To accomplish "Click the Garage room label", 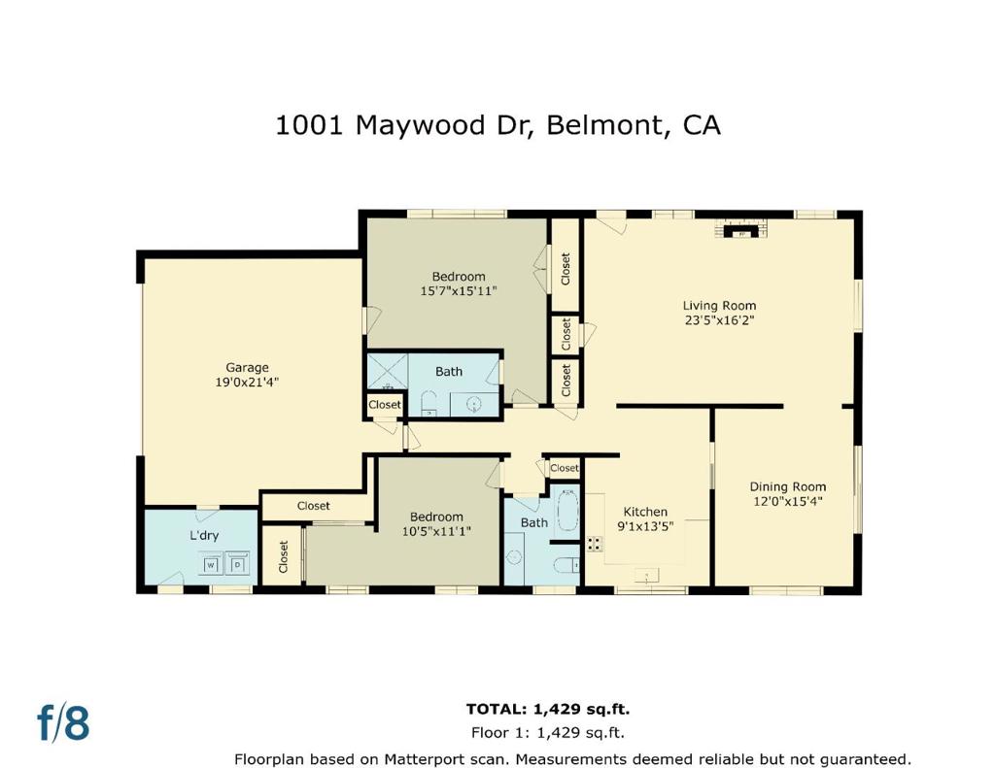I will click(247, 367).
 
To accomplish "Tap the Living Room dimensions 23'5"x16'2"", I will click(719, 320).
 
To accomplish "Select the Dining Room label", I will click(787, 486).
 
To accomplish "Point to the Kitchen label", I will click(645, 512).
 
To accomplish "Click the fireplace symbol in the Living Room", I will click(742, 231).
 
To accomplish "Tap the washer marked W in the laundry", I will click(210, 563).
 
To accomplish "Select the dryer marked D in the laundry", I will click(236, 563).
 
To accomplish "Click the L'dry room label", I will click(203, 535).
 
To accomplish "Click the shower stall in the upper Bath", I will click(386, 372).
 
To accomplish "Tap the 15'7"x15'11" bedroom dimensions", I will click(459, 290).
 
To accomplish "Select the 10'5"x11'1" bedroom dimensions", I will click(436, 531).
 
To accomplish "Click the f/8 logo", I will click(63, 723).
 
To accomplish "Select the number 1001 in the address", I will click(309, 125).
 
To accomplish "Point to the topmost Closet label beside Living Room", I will click(566, 269).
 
